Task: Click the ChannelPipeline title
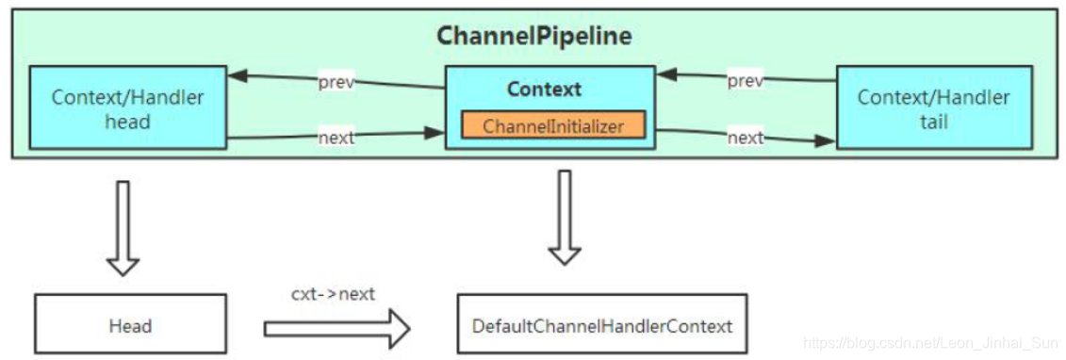(533, 37)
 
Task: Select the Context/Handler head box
(127, 107)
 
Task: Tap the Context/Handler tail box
(932, 107)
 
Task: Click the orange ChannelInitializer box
(552, 125)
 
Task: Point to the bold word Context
(544, 90)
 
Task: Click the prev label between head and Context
(336, 81)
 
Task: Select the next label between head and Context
(336, 138)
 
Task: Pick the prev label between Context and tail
(745, 81)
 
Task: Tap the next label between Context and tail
(745, 138)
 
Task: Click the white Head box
(130, 326)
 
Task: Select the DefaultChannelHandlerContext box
(601, 326)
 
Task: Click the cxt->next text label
(333, 294)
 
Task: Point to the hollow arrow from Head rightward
(336, 329)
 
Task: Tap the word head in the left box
(127, 121)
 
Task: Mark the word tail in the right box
(932, 121)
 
